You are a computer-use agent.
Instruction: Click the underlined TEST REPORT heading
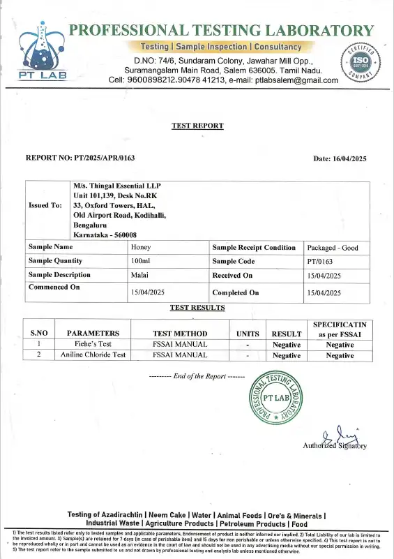(x=197, y=126)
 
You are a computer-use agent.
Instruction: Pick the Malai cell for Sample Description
(x=141, y=275)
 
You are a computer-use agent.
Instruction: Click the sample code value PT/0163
(x=322, y=260)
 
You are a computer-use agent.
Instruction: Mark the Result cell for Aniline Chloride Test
(x=286, y=355)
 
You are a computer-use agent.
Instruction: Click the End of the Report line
(x=197, y=376)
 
